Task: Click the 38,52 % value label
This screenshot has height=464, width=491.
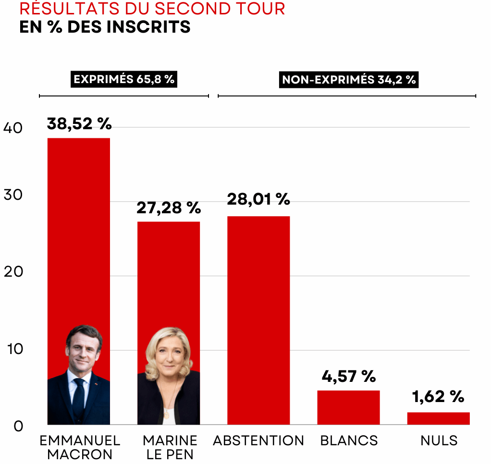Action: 79,124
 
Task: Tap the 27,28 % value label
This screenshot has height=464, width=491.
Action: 169,208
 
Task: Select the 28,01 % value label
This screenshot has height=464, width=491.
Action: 258,199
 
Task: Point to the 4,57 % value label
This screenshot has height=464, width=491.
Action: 348,377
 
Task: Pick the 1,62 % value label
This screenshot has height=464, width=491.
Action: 438,397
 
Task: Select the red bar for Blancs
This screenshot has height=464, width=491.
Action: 348,407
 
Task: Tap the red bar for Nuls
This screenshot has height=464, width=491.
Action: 438,418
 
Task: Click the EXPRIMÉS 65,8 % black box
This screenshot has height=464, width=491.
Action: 124,79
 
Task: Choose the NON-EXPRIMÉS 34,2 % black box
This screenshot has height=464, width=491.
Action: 349,80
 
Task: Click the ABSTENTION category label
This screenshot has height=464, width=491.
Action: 258,440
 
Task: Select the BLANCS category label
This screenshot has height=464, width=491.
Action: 349,440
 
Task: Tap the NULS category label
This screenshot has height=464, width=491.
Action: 439,440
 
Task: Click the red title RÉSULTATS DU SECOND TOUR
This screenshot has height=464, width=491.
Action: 152,9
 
